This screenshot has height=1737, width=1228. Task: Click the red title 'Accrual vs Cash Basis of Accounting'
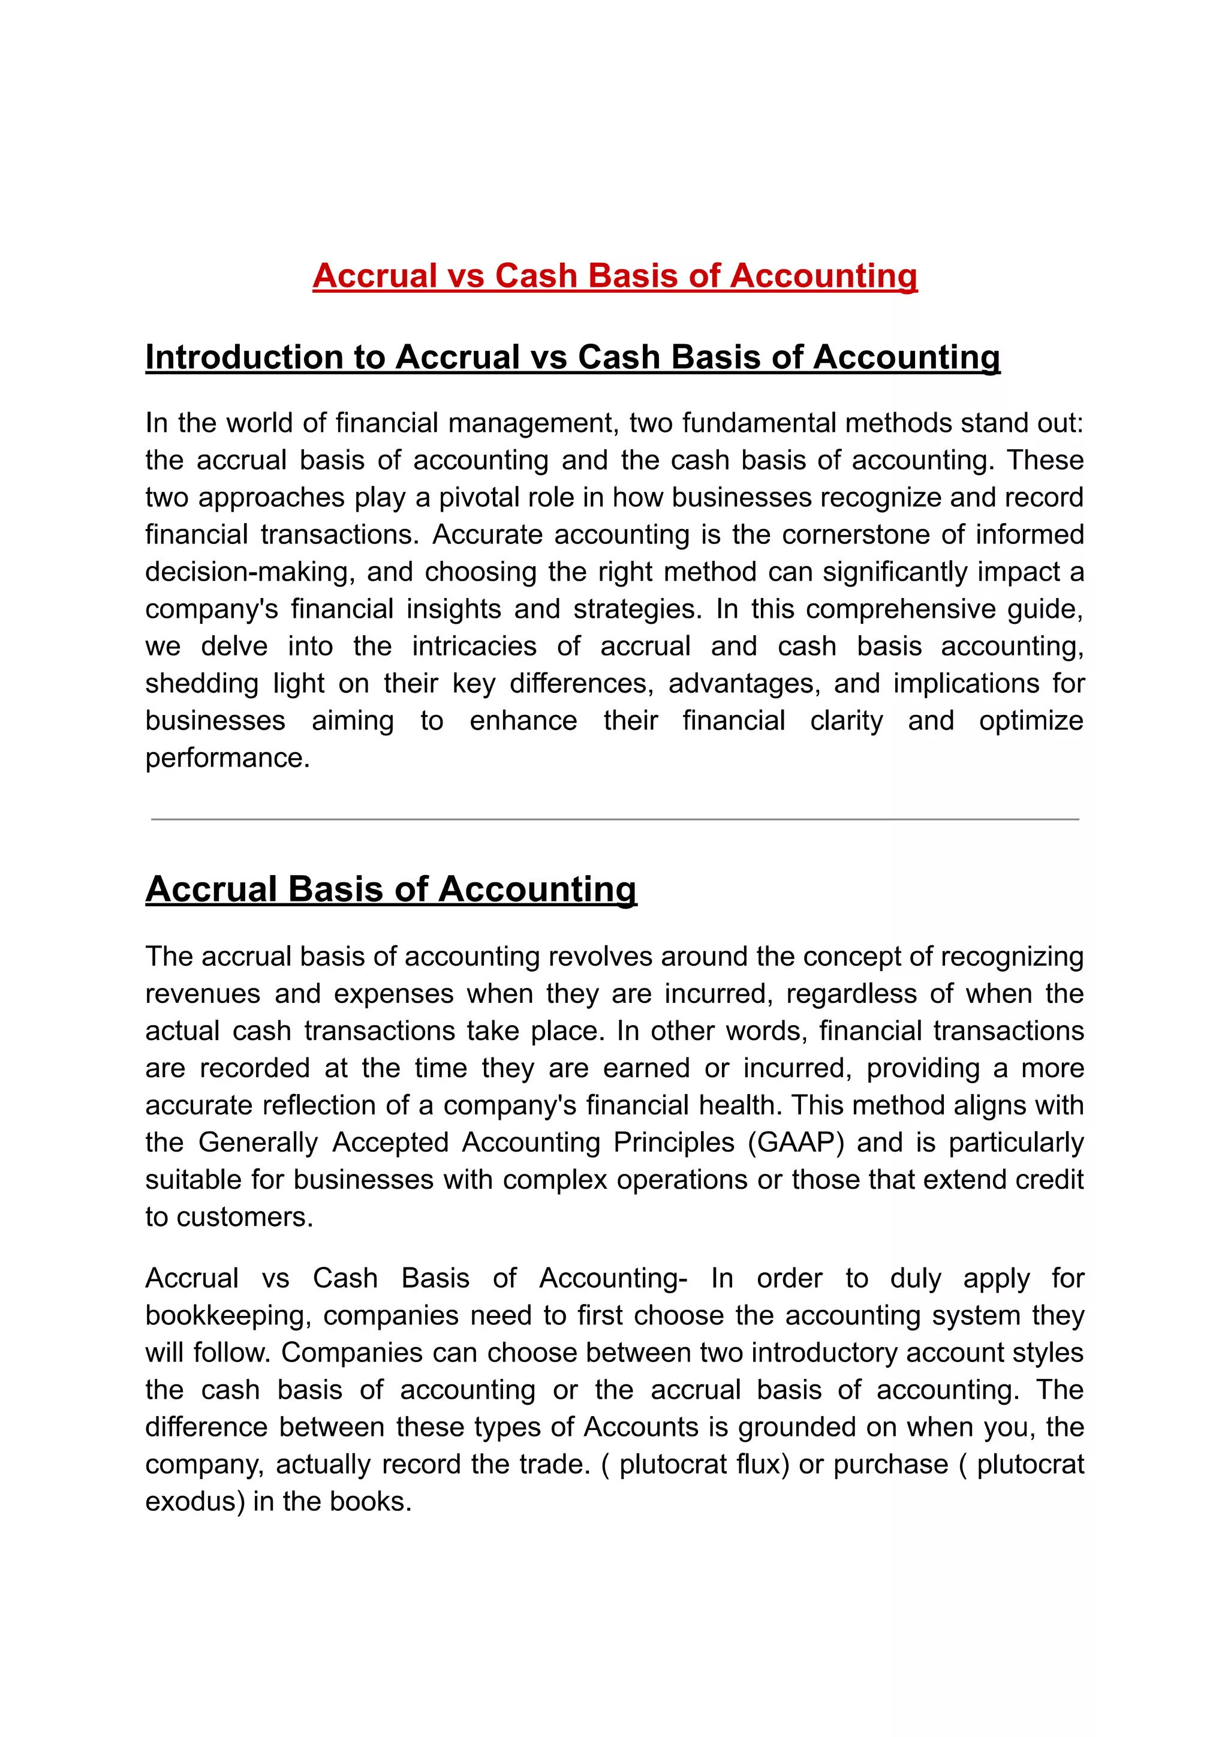tap(614, 275)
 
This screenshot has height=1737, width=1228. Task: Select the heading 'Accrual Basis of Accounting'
tap(391, 889)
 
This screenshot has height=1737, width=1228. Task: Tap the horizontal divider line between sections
tap(614, 819)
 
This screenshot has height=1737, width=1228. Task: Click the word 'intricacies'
tap(474, 646)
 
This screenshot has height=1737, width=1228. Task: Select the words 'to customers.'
tap(228, 1216)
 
